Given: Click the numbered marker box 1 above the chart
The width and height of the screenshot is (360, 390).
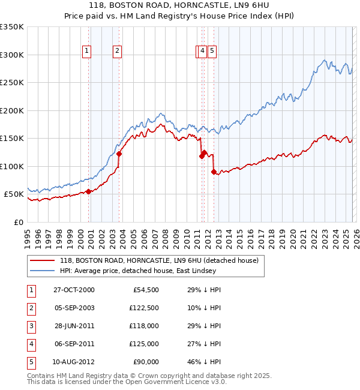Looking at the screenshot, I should (x=88, y=52).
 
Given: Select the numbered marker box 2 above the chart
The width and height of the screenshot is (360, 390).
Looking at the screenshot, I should (x=118, y=52).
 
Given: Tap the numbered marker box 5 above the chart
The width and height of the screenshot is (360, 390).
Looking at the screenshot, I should (x=212, y=52).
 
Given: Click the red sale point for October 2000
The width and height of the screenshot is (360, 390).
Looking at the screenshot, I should (x=89, y=191).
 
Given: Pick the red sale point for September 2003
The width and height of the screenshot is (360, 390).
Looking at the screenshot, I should (x=119, y=154).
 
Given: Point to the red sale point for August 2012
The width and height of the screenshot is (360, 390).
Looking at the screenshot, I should (x=214, y=172).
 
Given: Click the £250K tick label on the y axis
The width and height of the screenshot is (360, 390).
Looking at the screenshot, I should (x=12, y=83).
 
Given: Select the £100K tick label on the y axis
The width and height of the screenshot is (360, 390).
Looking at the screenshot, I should (x=12, y=166).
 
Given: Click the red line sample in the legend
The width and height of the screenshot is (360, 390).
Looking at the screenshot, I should (x=43, y=260).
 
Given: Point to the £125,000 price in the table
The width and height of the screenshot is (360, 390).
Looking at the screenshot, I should (x=144, y=344).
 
